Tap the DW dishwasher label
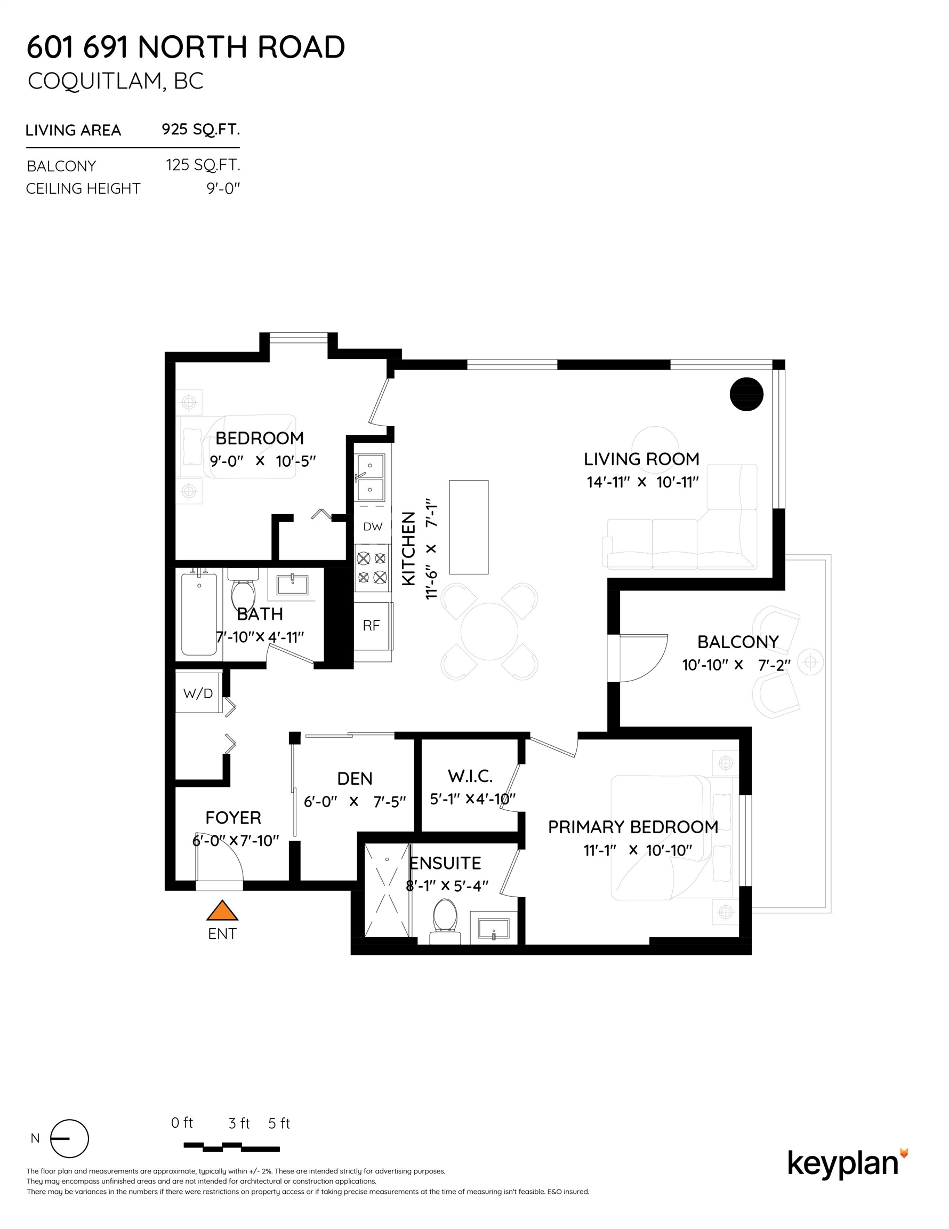pyautogui.click(x=372, y=526)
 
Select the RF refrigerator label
pyautogui.click(x=371, y=625)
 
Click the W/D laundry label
pyautogui.click(x=198, y=693)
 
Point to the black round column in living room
pyautogui.click(x=746, y=394)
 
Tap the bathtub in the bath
pyautogui.click(x=199, y=614)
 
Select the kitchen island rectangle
pyautogui.click(x=469, y=526)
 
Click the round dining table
pyautogui.click(x=489, y=631)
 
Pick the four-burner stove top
pyautogui.click(x=372, y=568)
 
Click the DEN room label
pyautogui.click(x=355, y=778)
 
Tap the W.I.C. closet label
pyautogui.click(x=470, y=777)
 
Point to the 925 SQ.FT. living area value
pyautogui.click(x=201, y=130)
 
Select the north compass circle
pyautogui.click(x=70, y=1138)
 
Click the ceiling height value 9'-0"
pyautogui.click(x=223, y=188)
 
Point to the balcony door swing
pyautogui.click(x=641, y=658)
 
